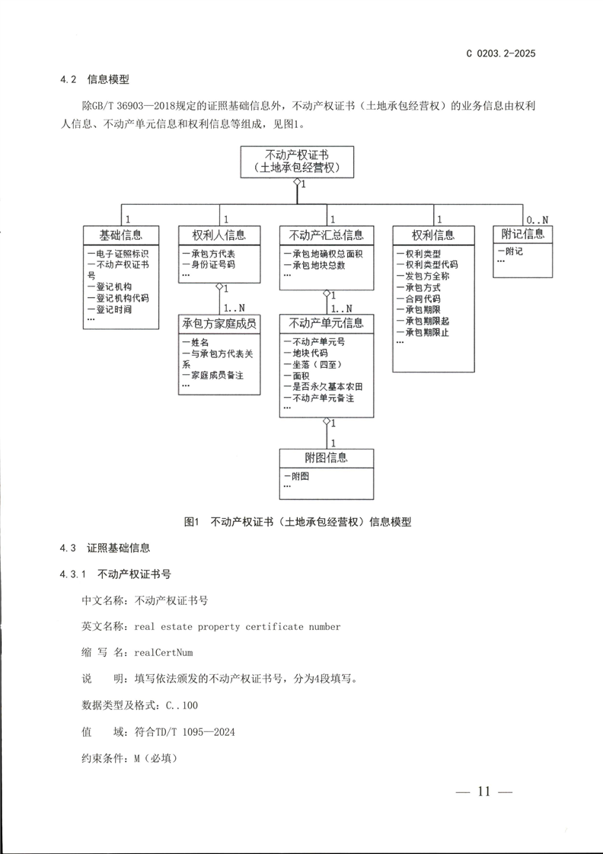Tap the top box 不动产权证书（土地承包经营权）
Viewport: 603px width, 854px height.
296,161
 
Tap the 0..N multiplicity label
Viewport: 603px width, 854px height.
538,219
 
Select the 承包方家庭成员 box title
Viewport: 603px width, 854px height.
219,323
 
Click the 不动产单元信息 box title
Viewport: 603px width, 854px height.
327,323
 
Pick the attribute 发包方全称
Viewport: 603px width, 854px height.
429,277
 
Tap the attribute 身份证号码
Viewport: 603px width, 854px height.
210,265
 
